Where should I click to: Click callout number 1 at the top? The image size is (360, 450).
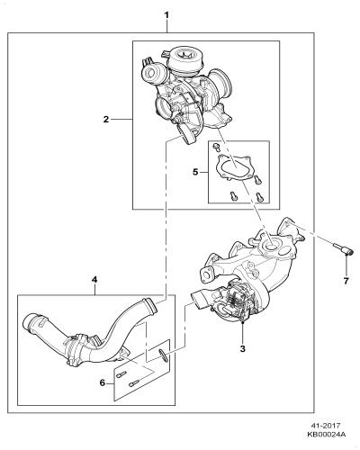[166, 14]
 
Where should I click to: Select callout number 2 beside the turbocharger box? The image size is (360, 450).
[106, 120]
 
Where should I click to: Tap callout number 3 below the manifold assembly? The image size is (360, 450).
[243, 349]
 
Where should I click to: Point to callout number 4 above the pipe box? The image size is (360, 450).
[94, 280]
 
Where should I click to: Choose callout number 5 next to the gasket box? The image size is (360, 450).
[195, 172]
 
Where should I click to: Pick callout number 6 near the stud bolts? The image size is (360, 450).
[103, 383]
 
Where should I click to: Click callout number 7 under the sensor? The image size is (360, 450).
[346, 281]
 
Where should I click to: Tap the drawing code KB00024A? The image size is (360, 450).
[326, 435]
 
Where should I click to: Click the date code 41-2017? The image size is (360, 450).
[327, 426]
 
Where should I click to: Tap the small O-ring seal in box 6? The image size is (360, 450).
[163, 355]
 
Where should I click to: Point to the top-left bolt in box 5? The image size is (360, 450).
[216, 147]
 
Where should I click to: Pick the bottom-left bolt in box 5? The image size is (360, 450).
[233, 196]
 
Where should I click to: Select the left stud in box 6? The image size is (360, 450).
[121, 374]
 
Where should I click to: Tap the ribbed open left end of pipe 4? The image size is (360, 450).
[31, 322]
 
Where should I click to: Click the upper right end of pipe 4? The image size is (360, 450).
[150, 305]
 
